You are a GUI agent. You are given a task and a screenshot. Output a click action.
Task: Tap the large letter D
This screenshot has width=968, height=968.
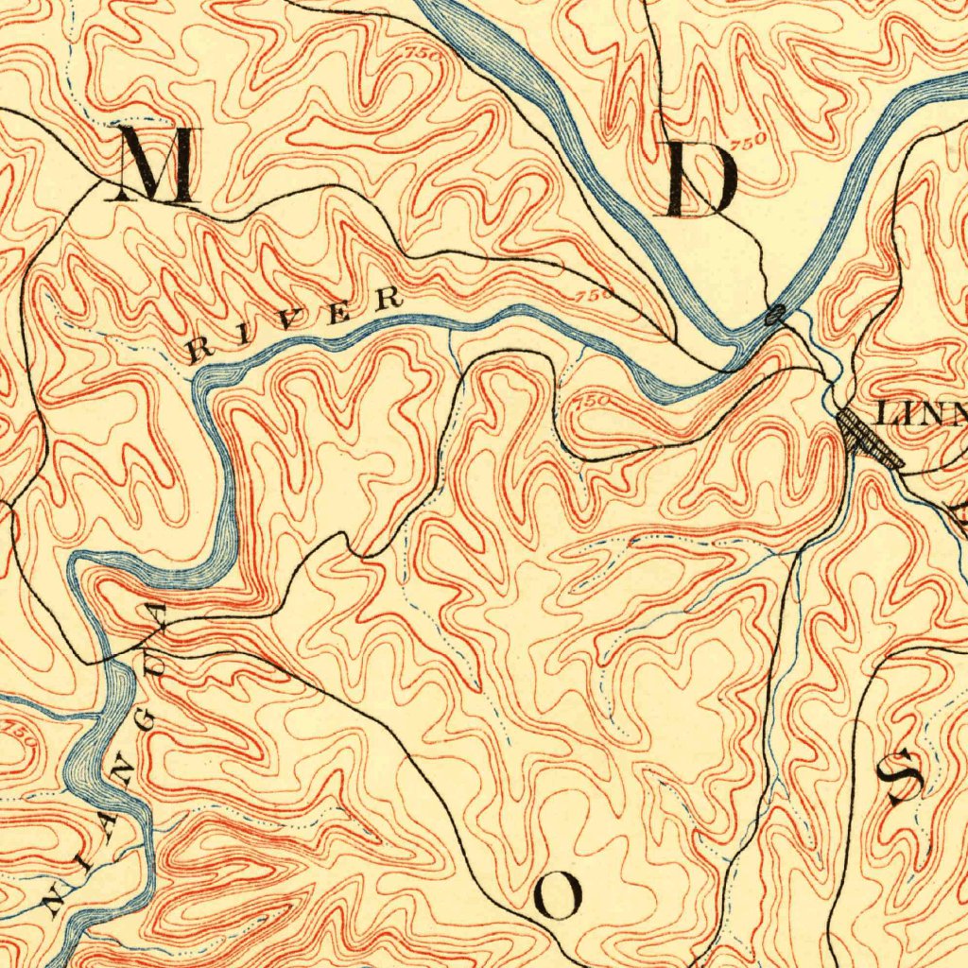pos(701,181)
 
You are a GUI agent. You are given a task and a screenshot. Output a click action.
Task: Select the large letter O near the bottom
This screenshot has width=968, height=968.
pos(558,894)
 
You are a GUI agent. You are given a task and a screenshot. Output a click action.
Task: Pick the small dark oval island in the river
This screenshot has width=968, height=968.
pos(775,316)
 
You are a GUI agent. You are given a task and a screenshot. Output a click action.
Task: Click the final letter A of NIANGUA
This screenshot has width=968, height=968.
pos(155,616)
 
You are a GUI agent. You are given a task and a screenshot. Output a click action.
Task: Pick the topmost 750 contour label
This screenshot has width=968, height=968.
pos(423,55)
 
